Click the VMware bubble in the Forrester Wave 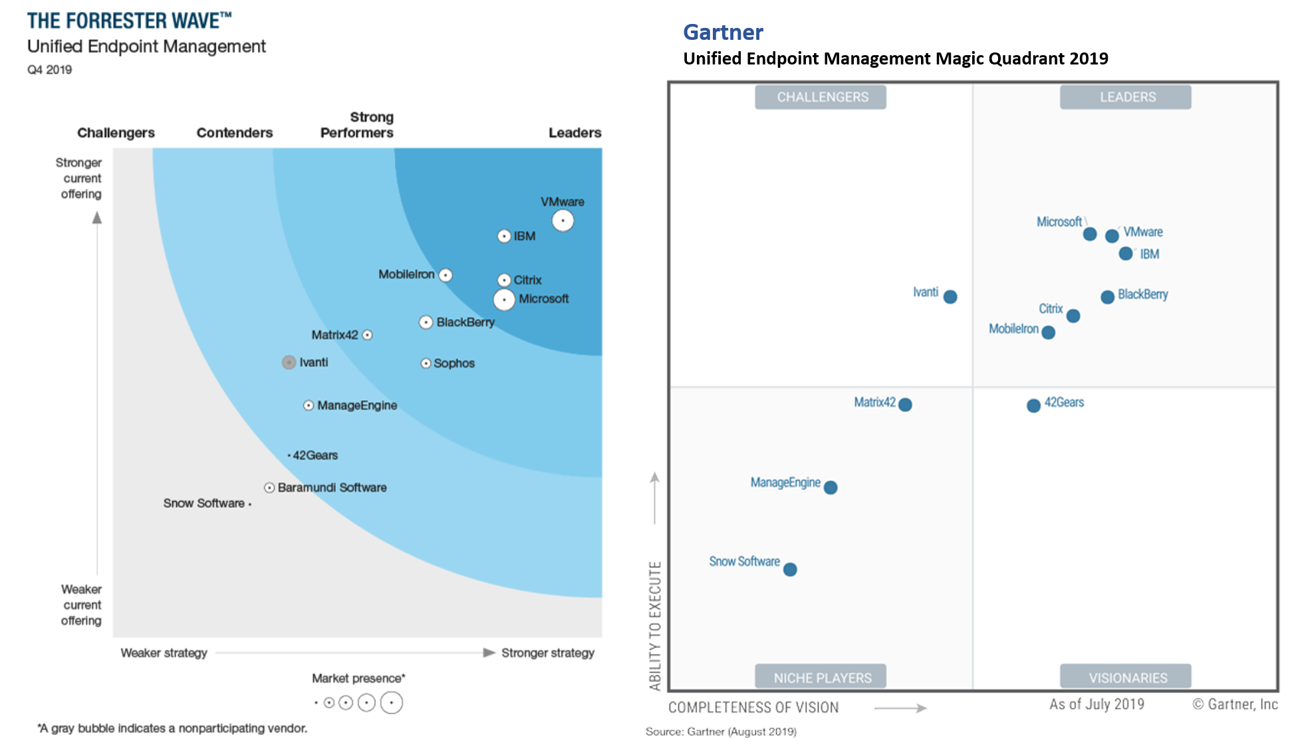coord(563,221)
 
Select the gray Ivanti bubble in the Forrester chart coord(289,362)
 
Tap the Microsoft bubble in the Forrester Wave coord(504,300)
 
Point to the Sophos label coord(454,364)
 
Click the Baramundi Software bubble coord(269,488)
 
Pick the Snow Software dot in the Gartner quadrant coord(790,570)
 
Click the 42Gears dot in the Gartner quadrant coord(1033,405)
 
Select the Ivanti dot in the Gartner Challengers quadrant coord(950,297)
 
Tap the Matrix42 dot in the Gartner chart coord(905,404)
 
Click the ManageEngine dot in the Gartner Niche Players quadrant coord(831,488)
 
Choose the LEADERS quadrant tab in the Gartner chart coord(1125,97)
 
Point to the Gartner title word coord(723,32)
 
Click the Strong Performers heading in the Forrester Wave coord(357,125)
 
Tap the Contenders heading coord(235,133)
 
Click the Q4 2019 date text coord(49,70)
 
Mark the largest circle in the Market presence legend coord(392,702)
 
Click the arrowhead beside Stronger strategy coord(489,653)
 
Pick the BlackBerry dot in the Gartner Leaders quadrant coord(1107,297)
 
